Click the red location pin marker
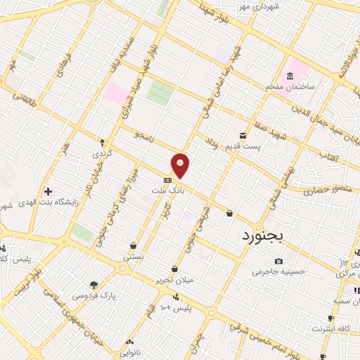(x=181, y=165)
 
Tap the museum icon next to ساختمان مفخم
(x=290, y=75)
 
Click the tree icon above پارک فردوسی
(x=94, y=285)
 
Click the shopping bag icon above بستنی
(x=134, y=245)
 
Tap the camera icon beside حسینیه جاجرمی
(x=279, y=262)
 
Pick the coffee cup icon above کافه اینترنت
(x=331, y=318)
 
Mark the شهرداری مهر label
(x=258, y=6)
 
